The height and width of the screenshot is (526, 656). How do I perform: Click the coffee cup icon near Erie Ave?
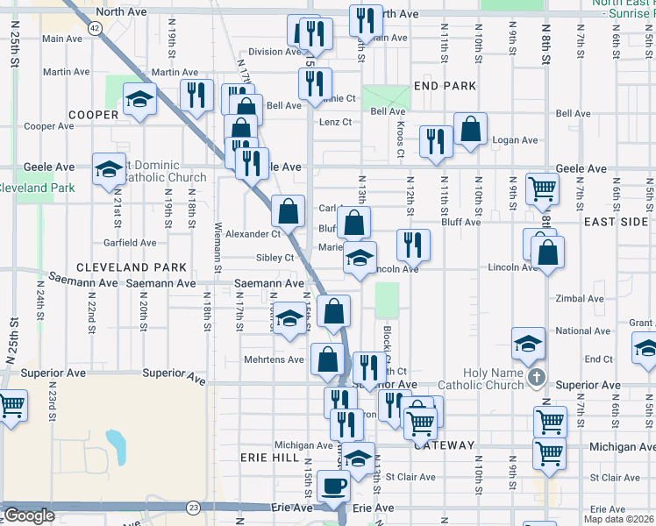click(x=334, y=486)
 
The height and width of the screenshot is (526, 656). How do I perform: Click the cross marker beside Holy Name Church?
click(x=538, y=378)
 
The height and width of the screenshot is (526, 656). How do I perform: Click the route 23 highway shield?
click(x=193, y=508)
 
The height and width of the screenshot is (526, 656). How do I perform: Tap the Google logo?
click(x=28, y=515)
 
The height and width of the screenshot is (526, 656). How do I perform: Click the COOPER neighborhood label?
click(x=93, y=115)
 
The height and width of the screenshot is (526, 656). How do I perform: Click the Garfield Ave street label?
click(x=130, y=243)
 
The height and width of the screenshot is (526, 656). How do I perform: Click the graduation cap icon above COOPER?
click(x=139, y=99)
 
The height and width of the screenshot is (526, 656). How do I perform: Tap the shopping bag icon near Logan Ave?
click(x=470, y=129)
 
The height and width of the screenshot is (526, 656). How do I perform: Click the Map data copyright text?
click(x=618, y=519)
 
